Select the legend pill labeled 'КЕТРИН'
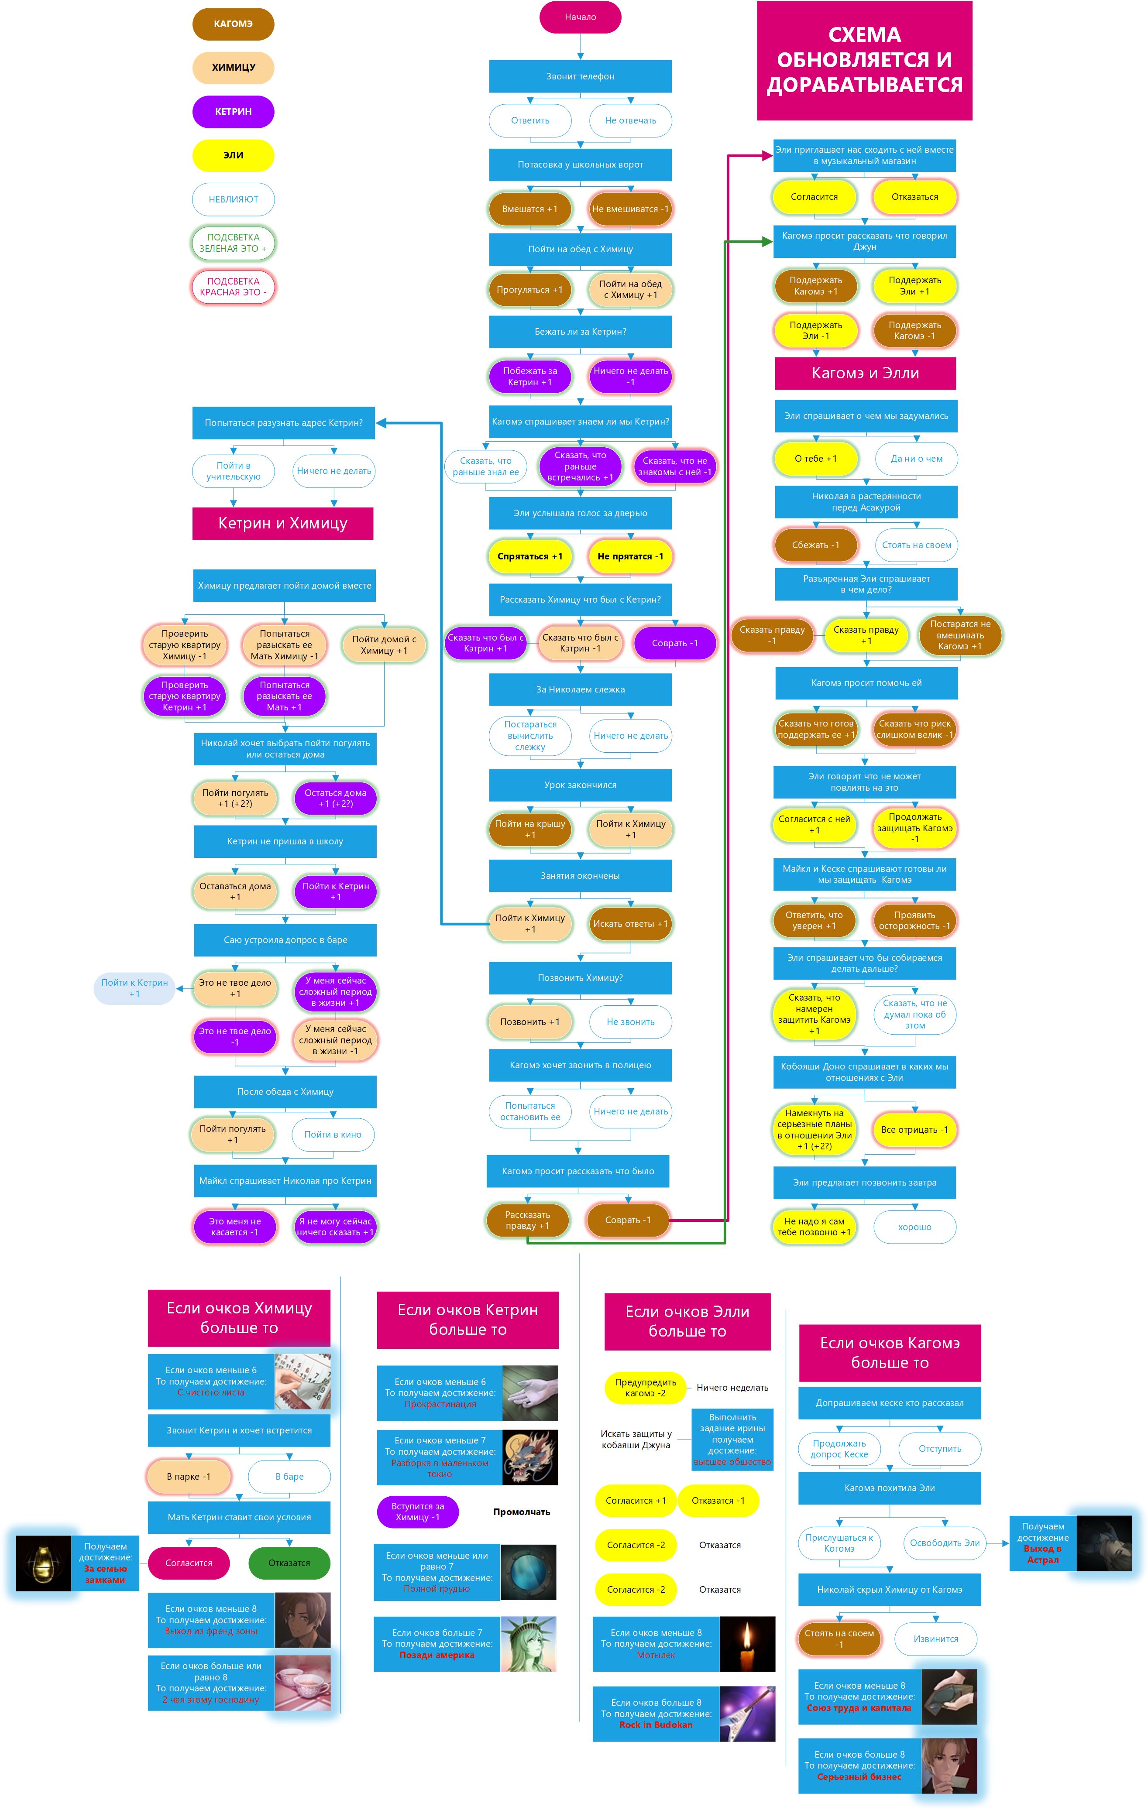233,111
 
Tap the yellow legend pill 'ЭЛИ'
233,155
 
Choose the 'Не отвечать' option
630,120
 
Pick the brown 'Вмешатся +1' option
529,209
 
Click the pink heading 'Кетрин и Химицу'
283,523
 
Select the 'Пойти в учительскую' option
233,471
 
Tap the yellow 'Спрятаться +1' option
529,556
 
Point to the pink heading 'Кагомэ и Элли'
865,373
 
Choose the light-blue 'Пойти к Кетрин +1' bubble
134,988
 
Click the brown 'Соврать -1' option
628,1220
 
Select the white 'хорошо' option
914,1227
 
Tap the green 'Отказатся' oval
289,1563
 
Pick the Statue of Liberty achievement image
528,1644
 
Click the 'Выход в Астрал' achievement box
1043,1543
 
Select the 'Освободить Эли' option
944,1543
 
